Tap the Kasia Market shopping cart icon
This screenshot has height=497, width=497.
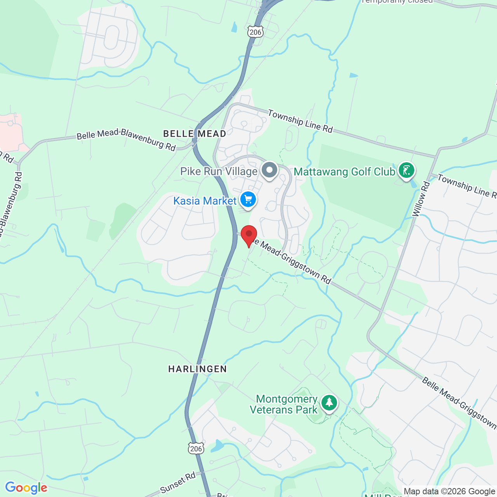[248, 200]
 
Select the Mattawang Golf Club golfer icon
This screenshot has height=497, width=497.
[407, 170]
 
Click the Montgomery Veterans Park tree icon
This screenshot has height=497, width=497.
[329, 403]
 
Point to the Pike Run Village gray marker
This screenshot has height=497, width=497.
[269, 170]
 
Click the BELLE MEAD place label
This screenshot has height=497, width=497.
[195, 134]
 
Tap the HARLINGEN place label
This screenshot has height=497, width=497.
[198, 369]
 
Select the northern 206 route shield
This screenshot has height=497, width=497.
[255, 32]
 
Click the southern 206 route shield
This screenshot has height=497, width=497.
[196, 448]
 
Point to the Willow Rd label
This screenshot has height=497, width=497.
[421, 199]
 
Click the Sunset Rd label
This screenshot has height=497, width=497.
[178, 483]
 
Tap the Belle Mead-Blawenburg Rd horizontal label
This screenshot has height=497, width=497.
[126, 139]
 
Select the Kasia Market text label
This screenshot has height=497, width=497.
[205, 201]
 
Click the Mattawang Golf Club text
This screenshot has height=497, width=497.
[344, 172]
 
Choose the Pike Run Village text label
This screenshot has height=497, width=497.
[219, 172]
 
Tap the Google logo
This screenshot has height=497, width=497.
[26, 488]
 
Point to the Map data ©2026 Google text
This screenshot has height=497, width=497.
[450, 492]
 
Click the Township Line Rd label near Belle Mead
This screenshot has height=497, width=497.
[300, 121]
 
